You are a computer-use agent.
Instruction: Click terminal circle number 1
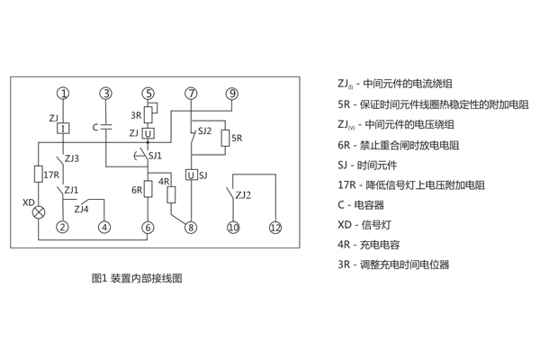[x=63, y=94]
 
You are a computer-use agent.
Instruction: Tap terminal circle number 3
[x=106, y=94]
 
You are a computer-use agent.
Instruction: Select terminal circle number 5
[x=148, y=94]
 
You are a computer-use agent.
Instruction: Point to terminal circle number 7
[x=190, y=94]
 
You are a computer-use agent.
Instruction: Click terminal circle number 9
[x=232, y=94]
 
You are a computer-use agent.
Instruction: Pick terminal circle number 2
[x=63, y=227]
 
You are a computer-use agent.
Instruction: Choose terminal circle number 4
[x=105, y=227]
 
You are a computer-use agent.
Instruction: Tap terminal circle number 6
[x=148, y=227]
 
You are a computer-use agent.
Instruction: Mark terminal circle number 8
[x=190, y=227]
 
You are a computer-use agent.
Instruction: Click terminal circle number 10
[x=233, y=227]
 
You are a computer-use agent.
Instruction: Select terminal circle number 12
[x=275, y=227]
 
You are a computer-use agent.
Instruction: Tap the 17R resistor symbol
[x=39, y=173]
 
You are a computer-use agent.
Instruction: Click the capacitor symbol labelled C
[x=106, y=127]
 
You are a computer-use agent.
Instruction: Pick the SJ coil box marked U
[x=190, y=174]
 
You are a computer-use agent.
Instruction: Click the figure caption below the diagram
[x=137, y=278]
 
